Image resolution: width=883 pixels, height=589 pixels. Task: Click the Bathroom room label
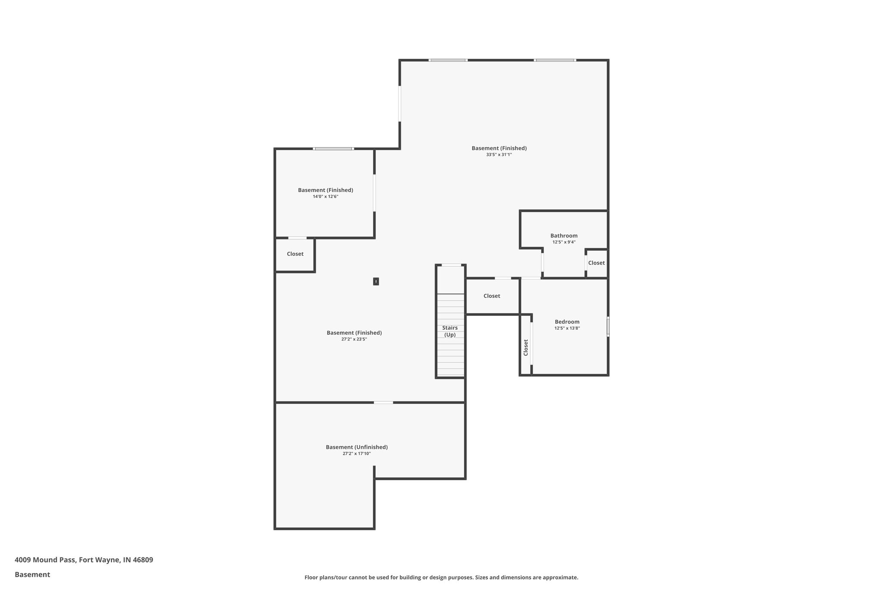[564, 236]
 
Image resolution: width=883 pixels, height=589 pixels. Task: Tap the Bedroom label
[567, 321]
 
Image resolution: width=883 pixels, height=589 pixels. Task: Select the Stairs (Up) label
[450, 331]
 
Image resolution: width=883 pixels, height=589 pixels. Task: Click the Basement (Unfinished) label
[357, 447]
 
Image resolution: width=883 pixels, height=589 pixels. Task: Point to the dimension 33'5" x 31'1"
[499, 154]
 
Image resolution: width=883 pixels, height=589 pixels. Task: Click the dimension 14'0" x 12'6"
[326, 196]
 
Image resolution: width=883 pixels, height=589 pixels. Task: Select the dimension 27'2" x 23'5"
[354, 339]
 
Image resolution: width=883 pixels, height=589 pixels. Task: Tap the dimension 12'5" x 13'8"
[567, 328]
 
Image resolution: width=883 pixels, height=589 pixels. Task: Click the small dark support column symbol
[376, 281]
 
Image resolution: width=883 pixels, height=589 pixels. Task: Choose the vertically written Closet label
[526, 347]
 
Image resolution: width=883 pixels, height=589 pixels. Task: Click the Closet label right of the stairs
[492, 296]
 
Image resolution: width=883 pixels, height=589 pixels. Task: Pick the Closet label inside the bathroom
[596, 263]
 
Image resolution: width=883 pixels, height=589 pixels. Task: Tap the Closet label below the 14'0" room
[295, 254]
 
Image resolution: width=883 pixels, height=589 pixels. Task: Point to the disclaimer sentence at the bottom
[441, 577]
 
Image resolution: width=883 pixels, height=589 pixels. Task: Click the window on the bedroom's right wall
[608, 327]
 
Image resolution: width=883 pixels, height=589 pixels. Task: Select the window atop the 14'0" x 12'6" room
[333, 149]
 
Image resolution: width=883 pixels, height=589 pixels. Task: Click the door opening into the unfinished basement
[383, 403]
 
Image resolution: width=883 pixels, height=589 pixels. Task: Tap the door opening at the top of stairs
[451, 265]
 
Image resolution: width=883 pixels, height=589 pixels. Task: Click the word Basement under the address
[32, 574]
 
